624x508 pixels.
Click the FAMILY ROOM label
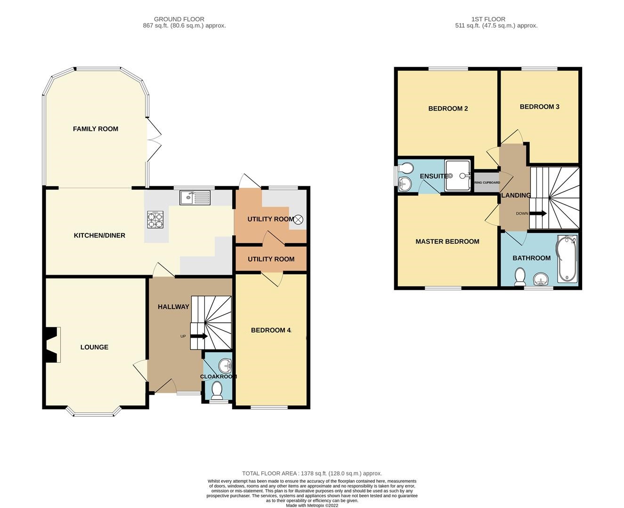coord(95,129)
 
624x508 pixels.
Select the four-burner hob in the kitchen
coord(155,220)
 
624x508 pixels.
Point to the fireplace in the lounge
coord(52,345)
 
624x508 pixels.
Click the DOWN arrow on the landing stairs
coord(538,214)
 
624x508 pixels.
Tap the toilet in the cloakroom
coord(217,389)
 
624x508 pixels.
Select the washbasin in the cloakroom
coord(225,365)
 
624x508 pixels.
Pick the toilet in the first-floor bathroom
coord(520,277)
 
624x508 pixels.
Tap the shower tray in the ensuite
coord(458,176)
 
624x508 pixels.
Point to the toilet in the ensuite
coord(405,168)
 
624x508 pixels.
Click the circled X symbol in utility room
coord(298,219)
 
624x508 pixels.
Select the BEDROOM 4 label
coord(271,330)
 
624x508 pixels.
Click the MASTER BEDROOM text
coord(447,241)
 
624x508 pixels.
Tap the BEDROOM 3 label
coord(539,107)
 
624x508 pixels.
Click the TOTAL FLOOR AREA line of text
coord(312,473)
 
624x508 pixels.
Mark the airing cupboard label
coord(486,183)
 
